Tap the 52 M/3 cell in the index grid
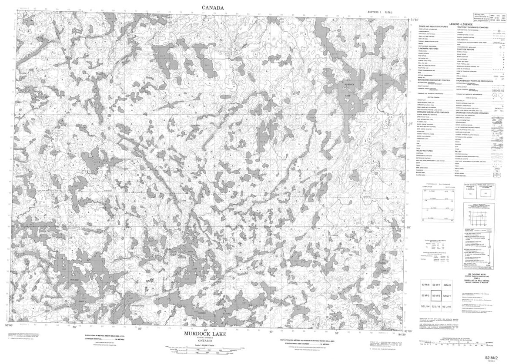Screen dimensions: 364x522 [426, 296]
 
